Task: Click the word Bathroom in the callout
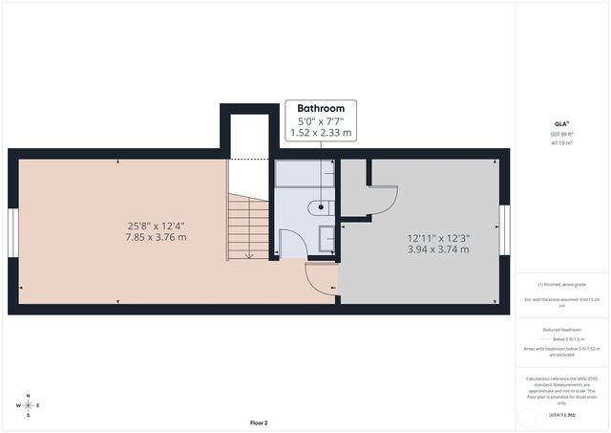[321, 109]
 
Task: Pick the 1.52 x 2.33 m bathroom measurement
[321, 134]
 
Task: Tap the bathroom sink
[326, 235]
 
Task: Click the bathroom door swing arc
[294, 245]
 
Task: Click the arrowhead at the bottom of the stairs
[248, 256]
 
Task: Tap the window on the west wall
[12, 232]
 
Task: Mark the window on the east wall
[505, 232]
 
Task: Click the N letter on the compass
[29, 396]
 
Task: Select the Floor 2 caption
[259, 422]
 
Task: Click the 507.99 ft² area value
[561, 135]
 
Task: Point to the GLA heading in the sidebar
[561, 122]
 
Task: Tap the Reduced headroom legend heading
[561, 328]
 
